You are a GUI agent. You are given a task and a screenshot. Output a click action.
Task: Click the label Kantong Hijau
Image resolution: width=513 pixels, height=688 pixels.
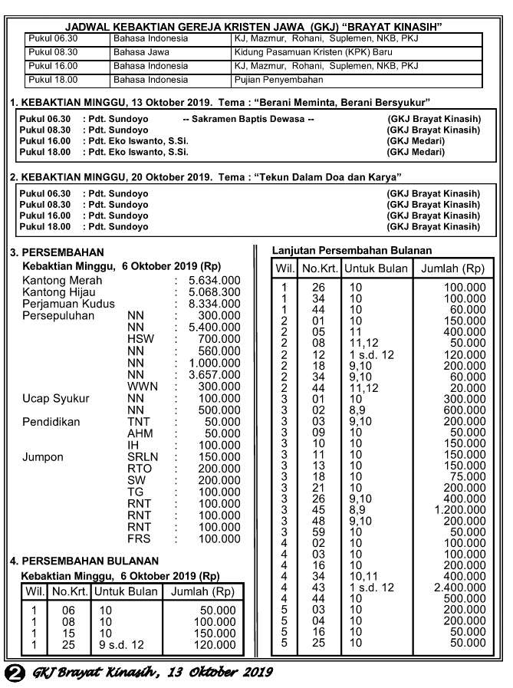(59, 292)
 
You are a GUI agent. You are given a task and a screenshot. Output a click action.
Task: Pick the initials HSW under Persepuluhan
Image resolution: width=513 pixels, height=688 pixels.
(142, 339)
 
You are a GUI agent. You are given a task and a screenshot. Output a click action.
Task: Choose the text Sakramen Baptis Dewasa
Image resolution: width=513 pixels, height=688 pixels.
(248, 120)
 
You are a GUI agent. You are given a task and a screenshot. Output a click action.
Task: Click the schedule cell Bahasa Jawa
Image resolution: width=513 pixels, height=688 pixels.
(138, 52)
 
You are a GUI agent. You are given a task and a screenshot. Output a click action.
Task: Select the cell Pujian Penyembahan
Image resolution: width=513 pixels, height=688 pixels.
(279, 80)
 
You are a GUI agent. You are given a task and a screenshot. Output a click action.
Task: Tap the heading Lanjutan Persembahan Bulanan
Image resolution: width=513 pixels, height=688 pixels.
(352, 251)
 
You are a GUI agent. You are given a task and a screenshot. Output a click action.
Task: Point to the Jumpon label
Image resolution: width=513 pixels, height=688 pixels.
(43, 457)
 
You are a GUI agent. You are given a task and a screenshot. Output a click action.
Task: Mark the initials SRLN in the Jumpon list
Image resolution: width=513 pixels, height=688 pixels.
(143, 457)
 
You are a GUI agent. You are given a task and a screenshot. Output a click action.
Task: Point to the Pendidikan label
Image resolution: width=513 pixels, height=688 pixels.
(51, 422)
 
